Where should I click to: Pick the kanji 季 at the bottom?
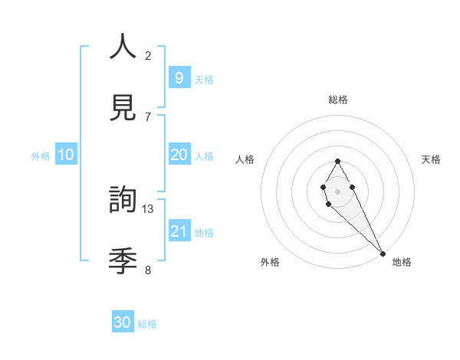tap(123, 261)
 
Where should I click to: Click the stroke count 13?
tap(148, 208)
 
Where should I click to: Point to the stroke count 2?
tap(148, 55)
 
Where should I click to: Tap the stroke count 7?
tap(148, 116)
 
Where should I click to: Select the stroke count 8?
tap(148, 270)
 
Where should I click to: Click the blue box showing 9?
tap(179, 77)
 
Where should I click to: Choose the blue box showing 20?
tap(179, 155)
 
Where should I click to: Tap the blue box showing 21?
tap(179, 231)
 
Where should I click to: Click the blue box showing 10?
tap(66, 155)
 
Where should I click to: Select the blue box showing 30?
tap(123, 322)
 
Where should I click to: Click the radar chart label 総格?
tap(338, 100)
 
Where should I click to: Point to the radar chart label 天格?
tap(431, 159)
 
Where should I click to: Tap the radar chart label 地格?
tap(402, 262)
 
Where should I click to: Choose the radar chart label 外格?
tap(270, 262)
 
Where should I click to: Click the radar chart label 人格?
tap(245, 159)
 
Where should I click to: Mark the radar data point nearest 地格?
tap(383, 254)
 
